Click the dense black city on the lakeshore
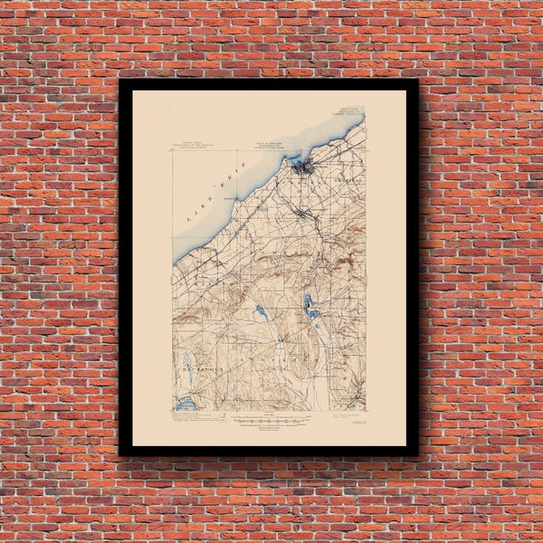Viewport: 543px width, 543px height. [x=301, y=166]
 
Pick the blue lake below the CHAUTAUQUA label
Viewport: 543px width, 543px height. [x=186, y=405]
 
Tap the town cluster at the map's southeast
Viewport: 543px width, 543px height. [x=356, y=396]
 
